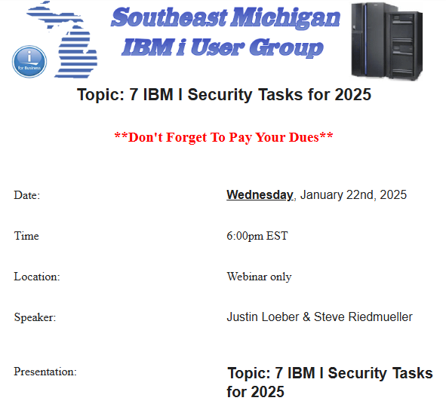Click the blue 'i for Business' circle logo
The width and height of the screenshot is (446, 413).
[x=29, y=60]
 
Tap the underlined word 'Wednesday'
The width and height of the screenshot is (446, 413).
[x=260, y=195]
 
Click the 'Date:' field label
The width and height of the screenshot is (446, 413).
[x=27, y=196]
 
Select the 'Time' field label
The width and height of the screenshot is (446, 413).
[x=26, y=237]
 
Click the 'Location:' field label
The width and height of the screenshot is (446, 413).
[x=37, y=277]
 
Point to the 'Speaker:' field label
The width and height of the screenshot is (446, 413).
[x=35, y=318]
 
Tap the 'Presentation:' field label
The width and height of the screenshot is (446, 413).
[x=45, y=372]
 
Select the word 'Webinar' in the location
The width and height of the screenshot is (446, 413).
[x=247, y=277]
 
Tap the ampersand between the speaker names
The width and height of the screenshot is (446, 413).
[x=306, y=317]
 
